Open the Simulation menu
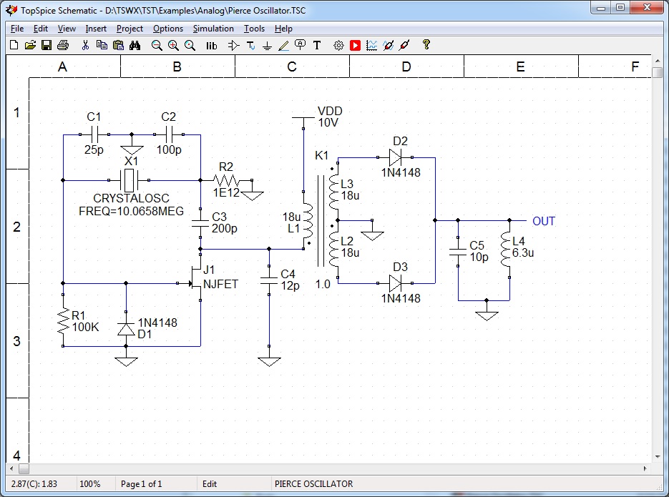[213, 29]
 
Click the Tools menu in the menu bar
[254, 29]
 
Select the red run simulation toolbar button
[356, 45]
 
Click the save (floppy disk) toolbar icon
[46, 45]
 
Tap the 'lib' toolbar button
[211, 45]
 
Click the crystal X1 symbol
[130, 180]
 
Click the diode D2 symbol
[396, 157]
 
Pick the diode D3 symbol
[396, 283]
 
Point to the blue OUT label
[543, 221]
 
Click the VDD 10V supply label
[329, 117]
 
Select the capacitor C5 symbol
[457, 252]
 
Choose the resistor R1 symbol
[63, 321]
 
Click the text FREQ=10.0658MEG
[131, 212]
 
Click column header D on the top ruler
[406, 67]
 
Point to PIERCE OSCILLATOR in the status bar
[313, 484]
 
